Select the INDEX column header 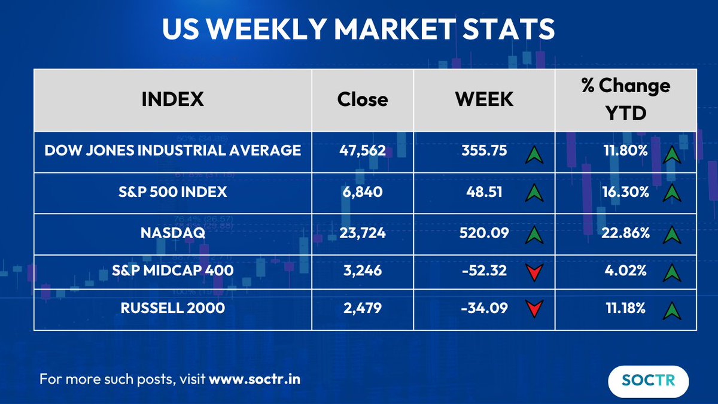[x=172, y=99]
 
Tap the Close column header [x=363, y=99]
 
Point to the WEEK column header [x=484, y=99]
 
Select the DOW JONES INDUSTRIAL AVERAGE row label [x=172, y=150]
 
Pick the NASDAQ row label [x=172, y=233]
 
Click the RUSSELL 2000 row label [x=172, y=309]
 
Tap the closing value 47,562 [x=363, y=151]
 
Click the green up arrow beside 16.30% [x=672, y=193]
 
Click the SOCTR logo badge [x=648, y=380]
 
